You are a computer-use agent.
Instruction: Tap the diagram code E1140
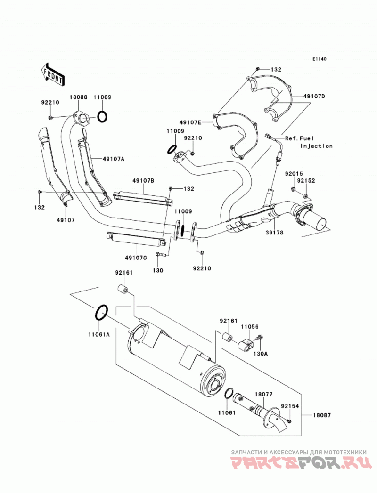pos(320,59)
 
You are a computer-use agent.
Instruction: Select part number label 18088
pos(78,97)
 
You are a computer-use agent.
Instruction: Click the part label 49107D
pos(314,96)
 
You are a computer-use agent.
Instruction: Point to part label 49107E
pos(191,121)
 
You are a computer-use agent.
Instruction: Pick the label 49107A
pos(113,159)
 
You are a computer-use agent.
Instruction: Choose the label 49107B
pos(143,181)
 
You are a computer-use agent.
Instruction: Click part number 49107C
pos(136,258)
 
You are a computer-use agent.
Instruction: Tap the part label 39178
pos(274,233)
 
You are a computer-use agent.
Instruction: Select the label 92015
pos(294,174)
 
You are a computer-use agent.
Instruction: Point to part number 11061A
pos(99,334)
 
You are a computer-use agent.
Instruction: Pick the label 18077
pos(263,394)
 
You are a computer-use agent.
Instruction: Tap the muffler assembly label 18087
pos(322,415)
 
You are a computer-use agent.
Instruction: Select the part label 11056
pos(250,327)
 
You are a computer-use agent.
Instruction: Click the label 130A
pos(261,354)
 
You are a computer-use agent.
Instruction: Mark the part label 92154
pos(290,406)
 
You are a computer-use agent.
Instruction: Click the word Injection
pos(316,146)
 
